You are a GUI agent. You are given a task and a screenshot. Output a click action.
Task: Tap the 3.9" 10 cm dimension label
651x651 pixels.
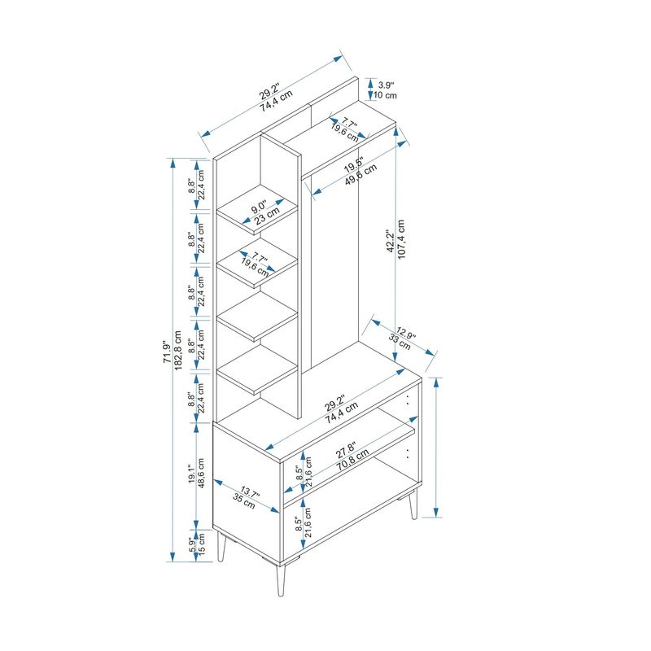(385, 90)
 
